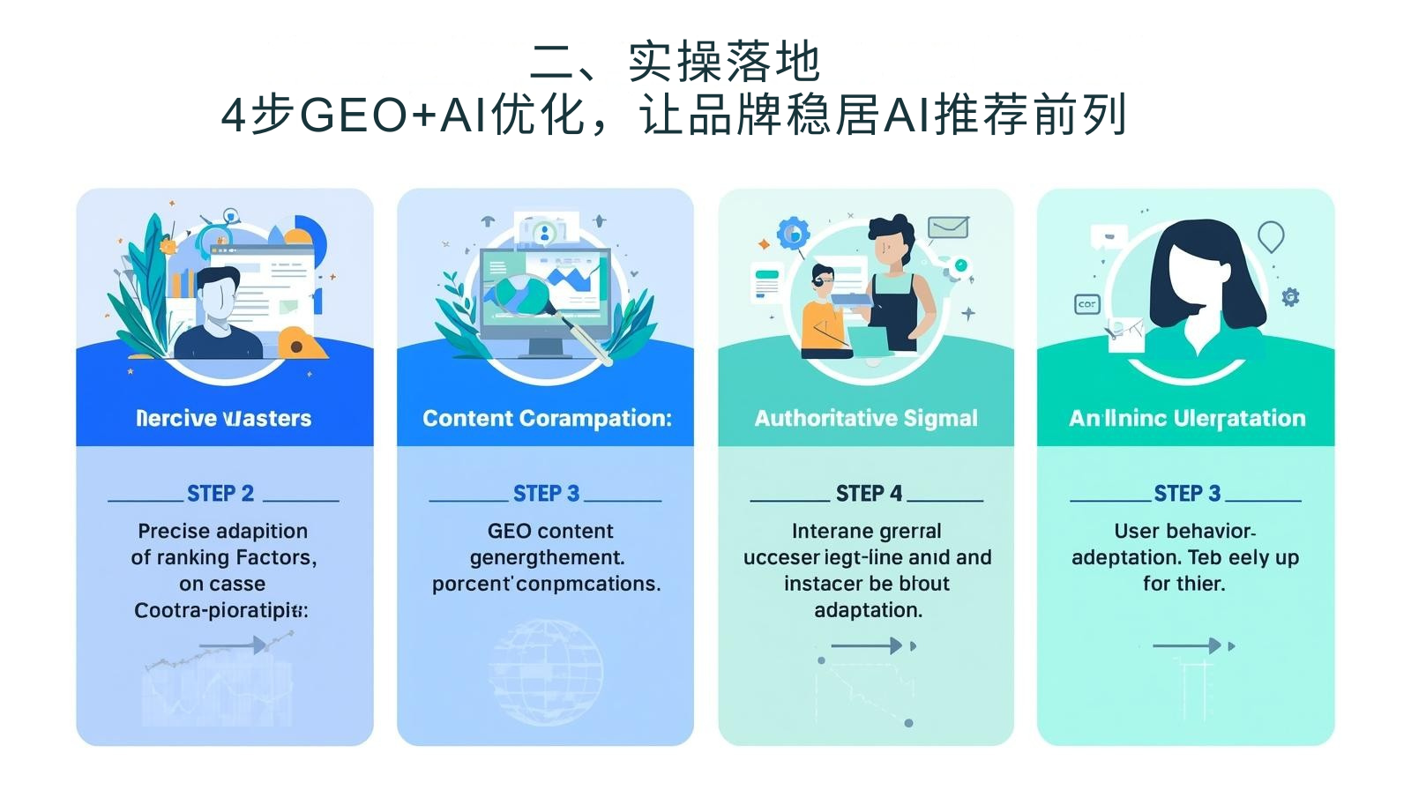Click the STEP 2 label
coord(220,494)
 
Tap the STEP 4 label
coord(869,494)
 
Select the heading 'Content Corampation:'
coord(547,418)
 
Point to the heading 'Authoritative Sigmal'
coord(866,418)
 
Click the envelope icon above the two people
coord(948,227)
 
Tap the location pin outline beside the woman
coord(1271,235)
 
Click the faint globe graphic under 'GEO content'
coord(546,673)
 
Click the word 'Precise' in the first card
coord(169,532)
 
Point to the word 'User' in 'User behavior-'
coord(1134,532)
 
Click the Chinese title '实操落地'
coord(723,62)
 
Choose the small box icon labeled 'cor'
coord(1087,304)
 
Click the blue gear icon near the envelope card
coord(793,233)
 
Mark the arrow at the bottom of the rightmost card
coord(1187,646)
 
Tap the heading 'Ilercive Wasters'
coord(224,418)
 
